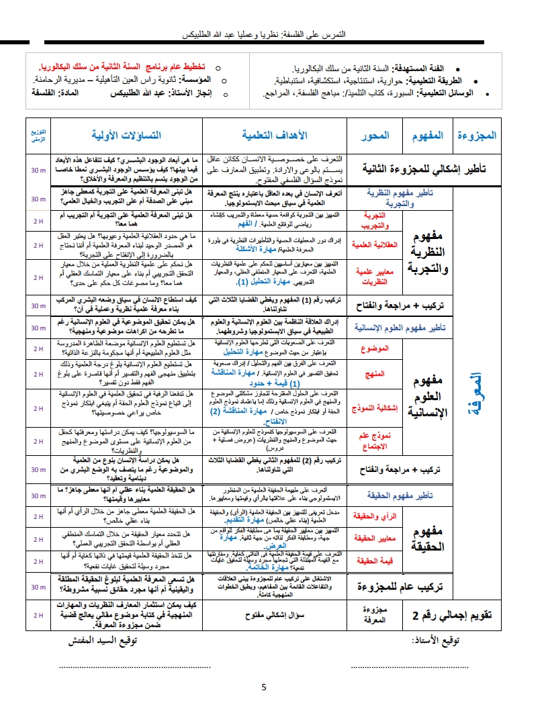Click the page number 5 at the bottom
pos(264,687)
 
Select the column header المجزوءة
pos(476,135)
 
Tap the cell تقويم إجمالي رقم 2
pos(446,614)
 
